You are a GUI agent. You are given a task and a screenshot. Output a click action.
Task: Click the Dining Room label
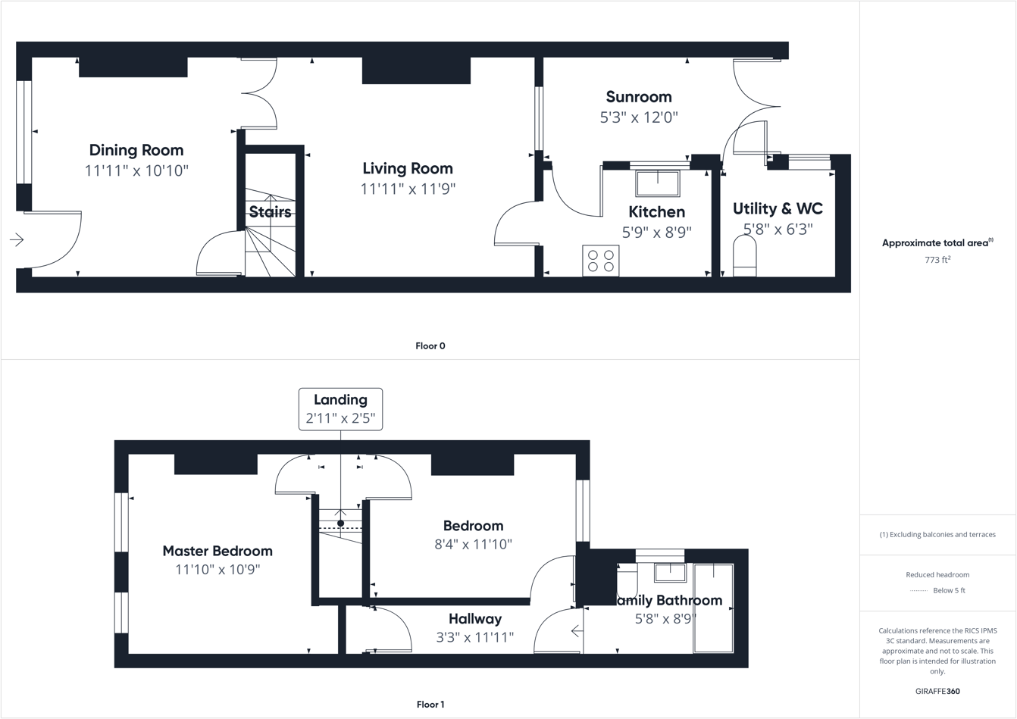[136, 150]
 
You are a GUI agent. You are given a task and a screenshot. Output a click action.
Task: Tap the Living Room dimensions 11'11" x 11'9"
[408, 189]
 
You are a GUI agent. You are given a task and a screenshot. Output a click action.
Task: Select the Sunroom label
[639, 97]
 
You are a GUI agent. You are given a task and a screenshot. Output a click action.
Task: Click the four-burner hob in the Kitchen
[600, 261]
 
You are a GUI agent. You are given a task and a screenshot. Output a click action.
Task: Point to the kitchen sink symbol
[657, 184]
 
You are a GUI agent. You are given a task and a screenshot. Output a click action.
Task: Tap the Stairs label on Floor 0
[271, 212]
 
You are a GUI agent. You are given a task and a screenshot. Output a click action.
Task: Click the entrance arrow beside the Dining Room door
[17, 240]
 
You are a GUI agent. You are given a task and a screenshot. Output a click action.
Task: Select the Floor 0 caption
[430, 346]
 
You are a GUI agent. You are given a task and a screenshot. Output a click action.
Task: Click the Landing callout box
[340, 409]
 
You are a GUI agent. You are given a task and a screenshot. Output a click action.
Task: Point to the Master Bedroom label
[217, 551]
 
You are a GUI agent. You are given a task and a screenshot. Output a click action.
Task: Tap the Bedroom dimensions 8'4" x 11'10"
[473, 544]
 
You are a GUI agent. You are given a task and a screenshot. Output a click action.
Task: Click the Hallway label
[474, 619]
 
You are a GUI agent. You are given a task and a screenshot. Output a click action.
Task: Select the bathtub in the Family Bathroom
[713, 608]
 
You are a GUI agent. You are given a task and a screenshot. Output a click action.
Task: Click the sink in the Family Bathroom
[670, 572]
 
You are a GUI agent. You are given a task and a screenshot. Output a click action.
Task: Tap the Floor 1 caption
[430, 705]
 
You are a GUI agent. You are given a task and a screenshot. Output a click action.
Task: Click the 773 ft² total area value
[937, 260]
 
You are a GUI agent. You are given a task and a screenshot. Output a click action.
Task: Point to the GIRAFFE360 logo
[937, 692]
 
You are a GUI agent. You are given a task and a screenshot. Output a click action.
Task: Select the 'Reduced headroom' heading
[937, 575]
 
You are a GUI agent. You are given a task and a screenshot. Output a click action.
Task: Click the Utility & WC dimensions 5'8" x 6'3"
[778, 229]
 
